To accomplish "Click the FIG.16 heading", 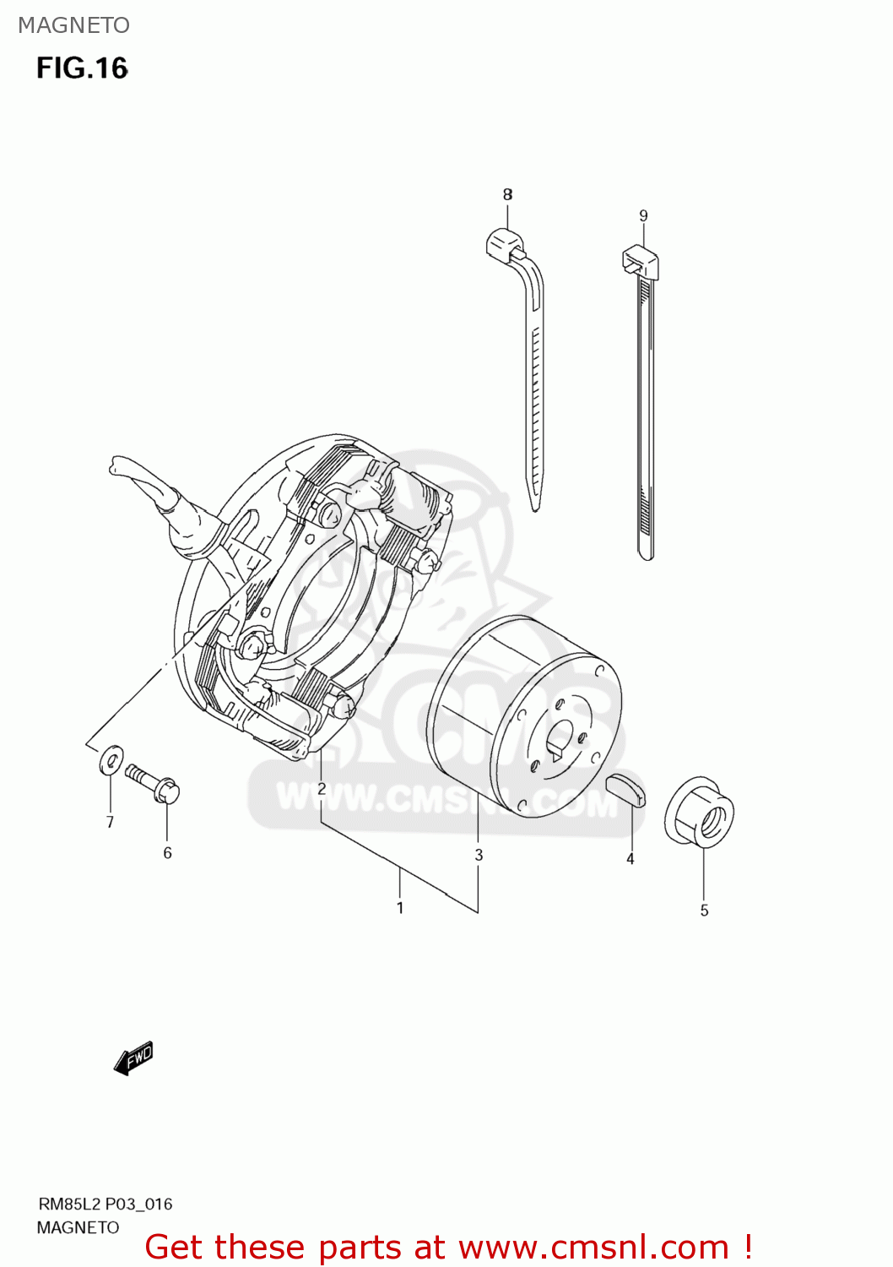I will [x=82, y=68].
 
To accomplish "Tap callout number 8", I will [x=507, y=194].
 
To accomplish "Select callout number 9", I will [x=643, y=215].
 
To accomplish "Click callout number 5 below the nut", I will [x=704, y=911].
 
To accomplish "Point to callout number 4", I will [x=630, y=859].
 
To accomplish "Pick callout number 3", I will [x=479, y=855].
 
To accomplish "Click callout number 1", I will [x=400, y=908].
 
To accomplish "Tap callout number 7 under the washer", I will [x=110, y=822].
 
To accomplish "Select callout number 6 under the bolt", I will [x=167, y=853].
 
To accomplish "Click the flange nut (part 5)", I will [x=700, y=812].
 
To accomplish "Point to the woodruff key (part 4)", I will [x=625, y=789].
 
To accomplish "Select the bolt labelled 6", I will [x=153, y=782].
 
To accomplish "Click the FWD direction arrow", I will [x=133, y=1058].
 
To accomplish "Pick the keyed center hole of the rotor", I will [x=558, y=737].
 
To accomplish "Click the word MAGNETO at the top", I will [x=73, y=25].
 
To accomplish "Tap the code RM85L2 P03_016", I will [x=105, y=1204].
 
